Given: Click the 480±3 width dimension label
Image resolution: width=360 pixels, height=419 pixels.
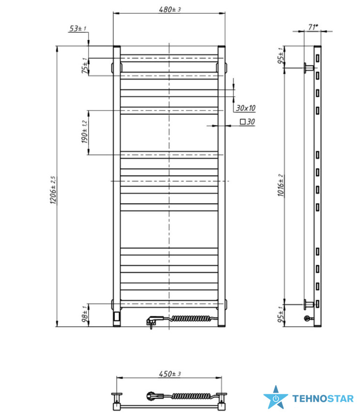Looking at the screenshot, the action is click(170, 9).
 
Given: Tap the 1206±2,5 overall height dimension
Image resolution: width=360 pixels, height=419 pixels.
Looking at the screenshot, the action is click(53, 190).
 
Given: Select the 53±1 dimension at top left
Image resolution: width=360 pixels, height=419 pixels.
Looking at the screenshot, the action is click(77, 28).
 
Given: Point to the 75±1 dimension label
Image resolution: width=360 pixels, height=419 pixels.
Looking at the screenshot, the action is click(84, 66).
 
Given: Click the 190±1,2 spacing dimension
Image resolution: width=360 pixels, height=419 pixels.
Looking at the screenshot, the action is click(84, 132).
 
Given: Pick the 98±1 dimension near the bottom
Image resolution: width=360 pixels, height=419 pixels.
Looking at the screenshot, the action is click(85, 314).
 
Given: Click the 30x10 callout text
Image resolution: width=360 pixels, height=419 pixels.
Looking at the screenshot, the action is click(245, 108).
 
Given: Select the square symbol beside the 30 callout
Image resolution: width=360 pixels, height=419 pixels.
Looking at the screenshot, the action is click(243, 122).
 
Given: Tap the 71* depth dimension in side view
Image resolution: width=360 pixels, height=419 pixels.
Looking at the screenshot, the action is click(313, 27).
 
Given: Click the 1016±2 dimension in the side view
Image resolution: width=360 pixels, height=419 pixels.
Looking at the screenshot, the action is click(281, 185).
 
